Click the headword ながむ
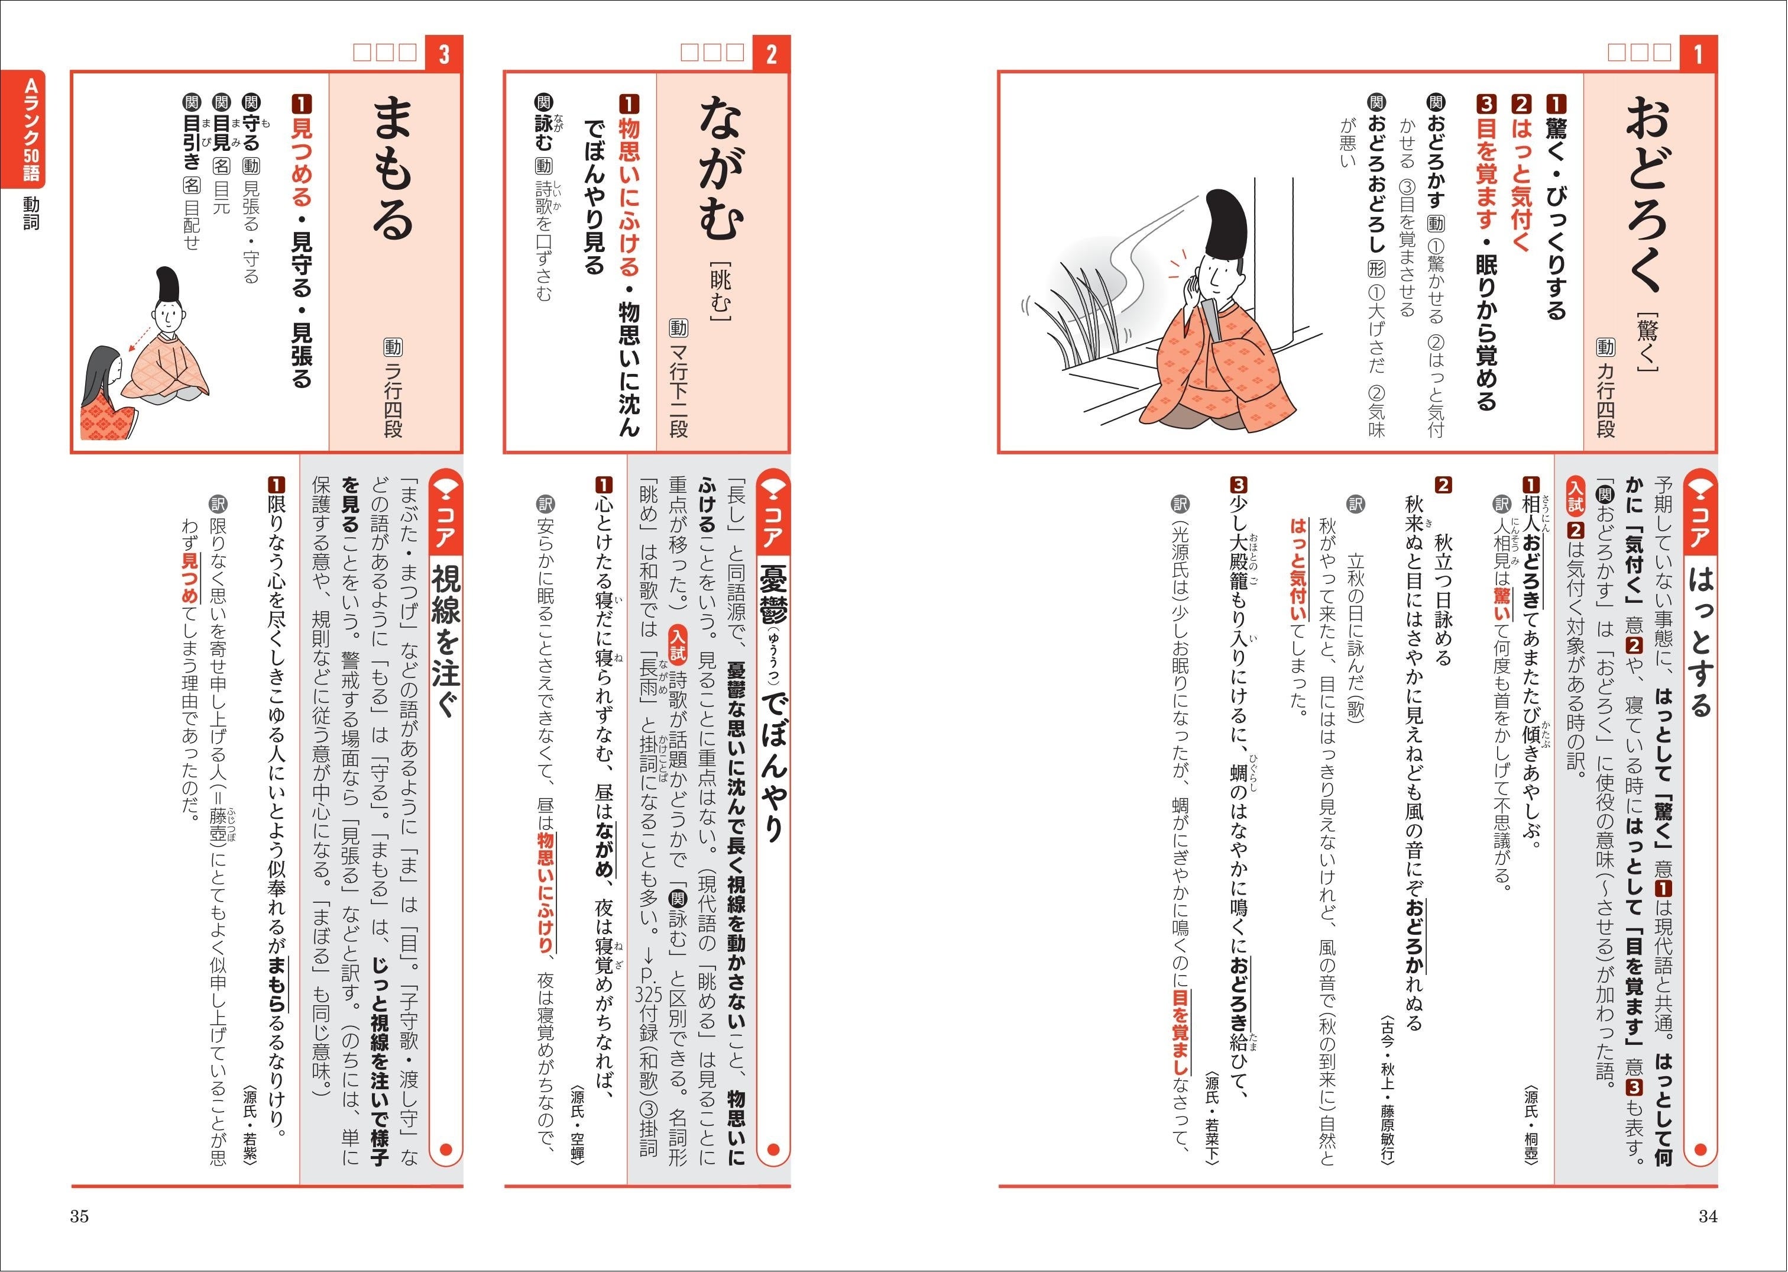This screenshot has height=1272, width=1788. coord(720,169)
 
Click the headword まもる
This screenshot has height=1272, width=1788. coord(392,169)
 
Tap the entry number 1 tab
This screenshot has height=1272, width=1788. coord(1697,54)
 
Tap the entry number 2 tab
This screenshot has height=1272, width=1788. coord(771,54)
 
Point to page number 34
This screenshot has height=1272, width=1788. coord(1708,1216)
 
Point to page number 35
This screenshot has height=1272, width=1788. coord(80,1216)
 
